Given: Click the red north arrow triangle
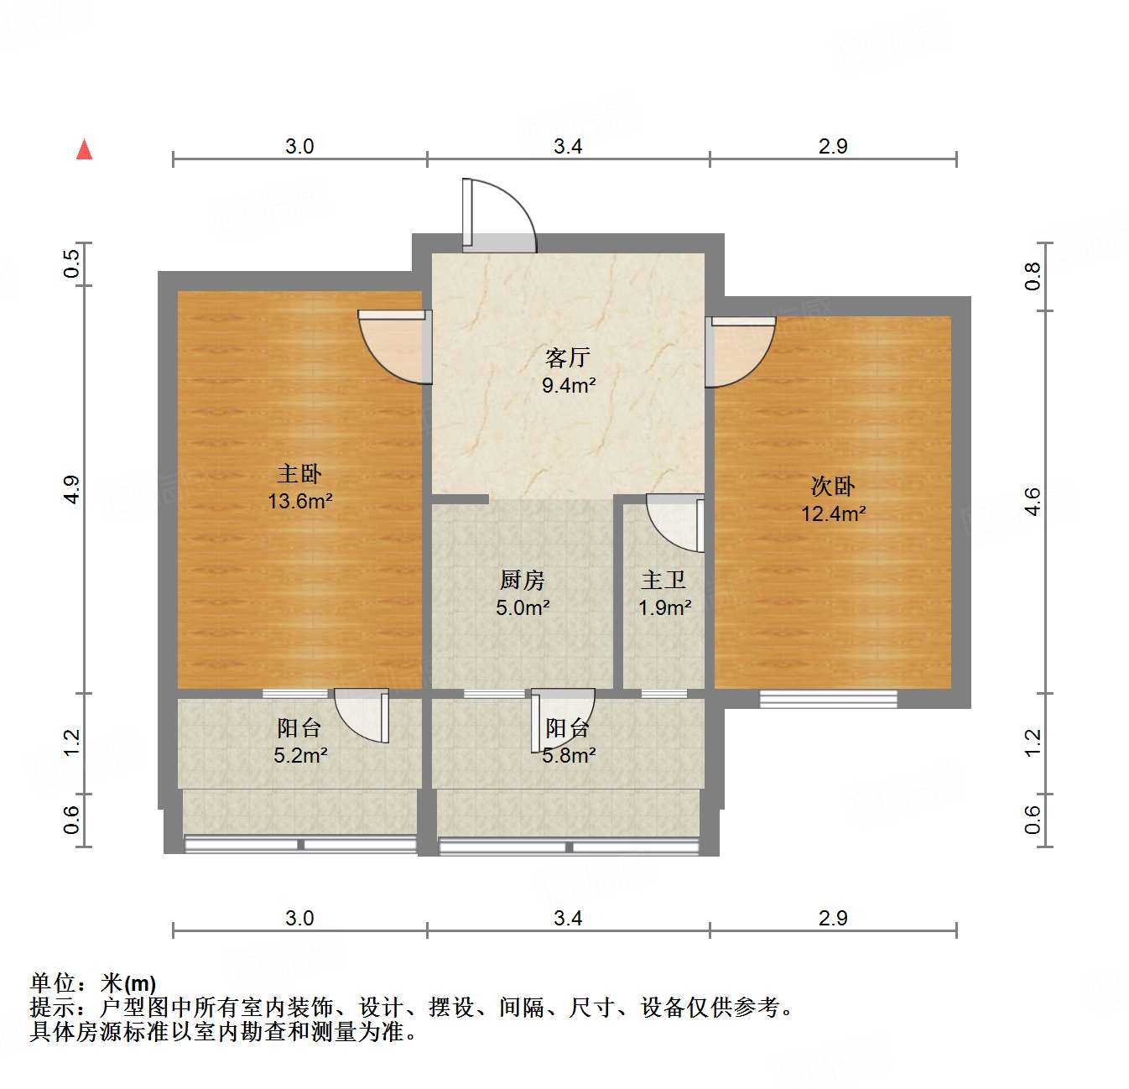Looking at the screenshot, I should [x=84, y=149].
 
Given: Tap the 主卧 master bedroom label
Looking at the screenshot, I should [x=299, y=474].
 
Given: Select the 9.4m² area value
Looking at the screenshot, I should [x=569, y=386].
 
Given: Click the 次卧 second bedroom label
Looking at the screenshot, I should [x=833, y=486].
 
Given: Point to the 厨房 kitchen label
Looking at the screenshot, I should [x=523, y=580].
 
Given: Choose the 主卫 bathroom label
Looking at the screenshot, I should [x=663, y=580].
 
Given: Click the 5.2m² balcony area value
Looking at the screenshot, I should [x=300, y=756].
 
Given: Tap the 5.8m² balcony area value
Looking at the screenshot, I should [x=569, y=756].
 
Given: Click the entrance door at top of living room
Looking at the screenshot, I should [x=498, y=216].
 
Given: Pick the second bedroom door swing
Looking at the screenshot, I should [x=738, y=351].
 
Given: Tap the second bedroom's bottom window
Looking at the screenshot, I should [x=829, y=698].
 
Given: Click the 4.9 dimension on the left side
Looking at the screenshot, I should [x=72, y=489].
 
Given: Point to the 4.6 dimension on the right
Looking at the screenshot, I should [x=1033, y=502].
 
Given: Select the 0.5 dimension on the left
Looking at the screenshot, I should [x=72, y=264].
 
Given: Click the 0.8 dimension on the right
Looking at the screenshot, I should [x=1033, y=276].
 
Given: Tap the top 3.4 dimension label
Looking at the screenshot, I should [x=568, y=147].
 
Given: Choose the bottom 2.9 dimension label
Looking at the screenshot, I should [x=833, y=919].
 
